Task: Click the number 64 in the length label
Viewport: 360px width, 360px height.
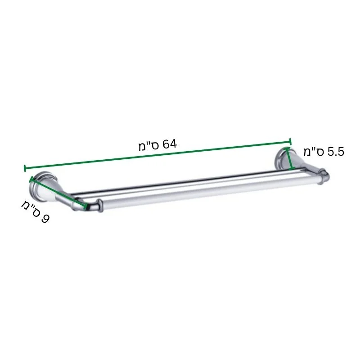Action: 170,144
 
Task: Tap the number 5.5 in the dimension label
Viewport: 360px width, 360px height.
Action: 336,152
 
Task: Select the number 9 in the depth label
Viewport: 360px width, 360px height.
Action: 45,218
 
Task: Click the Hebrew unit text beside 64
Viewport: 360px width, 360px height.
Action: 149,147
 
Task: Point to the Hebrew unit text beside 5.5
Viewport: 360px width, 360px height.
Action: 314,152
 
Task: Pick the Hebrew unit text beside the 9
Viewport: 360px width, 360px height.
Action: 31,208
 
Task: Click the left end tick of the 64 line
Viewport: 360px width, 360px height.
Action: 25,168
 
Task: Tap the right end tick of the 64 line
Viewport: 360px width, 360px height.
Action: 290,142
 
